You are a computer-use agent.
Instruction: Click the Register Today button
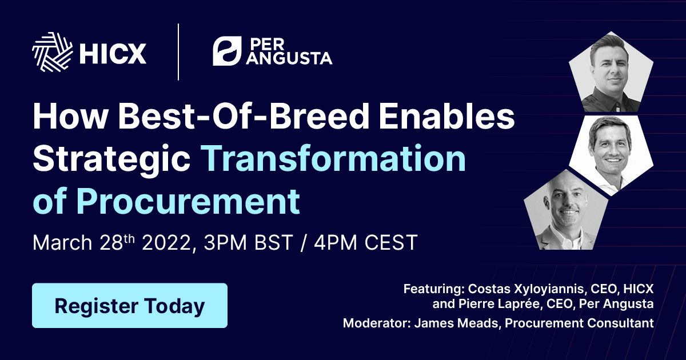click(x=129, y=306)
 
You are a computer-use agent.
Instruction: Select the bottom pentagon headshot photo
click(x=566, y=210)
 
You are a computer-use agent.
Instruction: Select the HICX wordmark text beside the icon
click(x=113, y=54)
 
